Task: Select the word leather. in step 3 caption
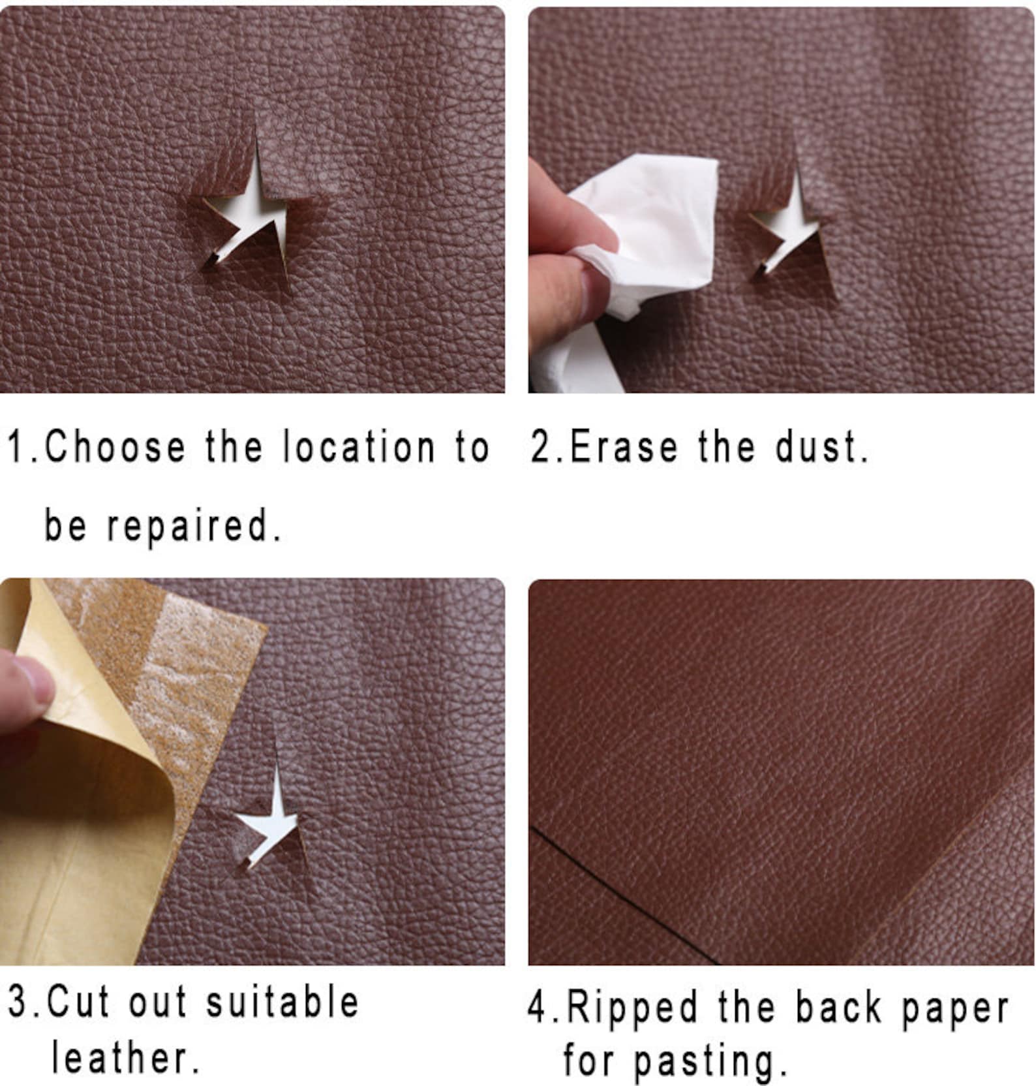click(x=124, y=1057)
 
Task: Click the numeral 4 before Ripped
click(x=537, y=1007)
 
